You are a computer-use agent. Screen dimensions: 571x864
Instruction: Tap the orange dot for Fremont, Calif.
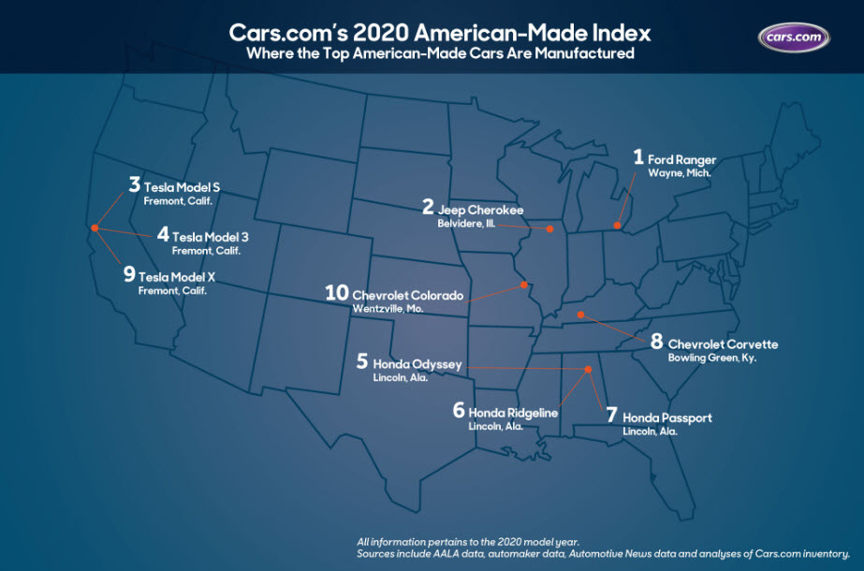coord(94,227)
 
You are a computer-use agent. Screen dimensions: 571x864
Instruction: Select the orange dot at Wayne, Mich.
coord(617,225)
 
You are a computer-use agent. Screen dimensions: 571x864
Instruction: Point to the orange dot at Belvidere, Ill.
coord(549,228)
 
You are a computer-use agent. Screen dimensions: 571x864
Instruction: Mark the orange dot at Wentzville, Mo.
coord(524,284)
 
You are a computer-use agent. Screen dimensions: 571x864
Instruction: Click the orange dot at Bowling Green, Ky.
coord(580,315)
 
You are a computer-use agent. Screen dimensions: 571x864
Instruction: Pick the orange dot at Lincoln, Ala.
coord(589,370)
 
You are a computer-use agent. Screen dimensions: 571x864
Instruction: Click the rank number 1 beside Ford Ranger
coord(638,157)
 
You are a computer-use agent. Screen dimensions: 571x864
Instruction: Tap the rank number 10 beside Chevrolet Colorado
coord(336,294)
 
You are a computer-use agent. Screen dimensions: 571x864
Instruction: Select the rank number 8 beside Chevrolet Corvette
coord(656,342)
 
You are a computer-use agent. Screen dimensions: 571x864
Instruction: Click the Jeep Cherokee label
coord(480,209)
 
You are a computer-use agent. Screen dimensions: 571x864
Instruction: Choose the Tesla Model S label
coord(182,185)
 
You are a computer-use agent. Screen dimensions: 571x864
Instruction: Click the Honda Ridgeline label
coord(514,411)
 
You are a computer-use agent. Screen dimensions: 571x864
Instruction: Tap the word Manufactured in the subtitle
coord(579,54)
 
